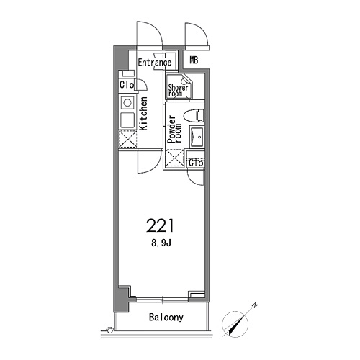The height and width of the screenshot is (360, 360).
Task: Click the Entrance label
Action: click(x=155, y=63)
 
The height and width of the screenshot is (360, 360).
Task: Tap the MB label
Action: click(x=194, y=60)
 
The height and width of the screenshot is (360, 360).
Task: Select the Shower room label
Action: click(x=178, y=91)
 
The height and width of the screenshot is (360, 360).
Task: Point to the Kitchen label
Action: click(x=143, y=114)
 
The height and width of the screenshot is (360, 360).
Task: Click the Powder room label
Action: click(x=174, y=130)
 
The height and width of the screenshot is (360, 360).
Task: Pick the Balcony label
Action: click(x=166, y=318)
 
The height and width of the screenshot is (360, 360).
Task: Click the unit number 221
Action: click(x=160, y=225)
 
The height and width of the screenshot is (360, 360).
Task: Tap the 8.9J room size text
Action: click(x=161, y=243)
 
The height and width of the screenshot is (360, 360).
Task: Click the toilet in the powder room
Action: click(x=194, y=115)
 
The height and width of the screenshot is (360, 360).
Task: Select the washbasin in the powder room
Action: click(x=197, y=136)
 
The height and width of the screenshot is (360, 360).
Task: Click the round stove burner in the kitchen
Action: click(x=127, y=103)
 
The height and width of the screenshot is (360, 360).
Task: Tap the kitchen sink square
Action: click(x=127, y=120)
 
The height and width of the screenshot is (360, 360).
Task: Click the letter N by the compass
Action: click(x=255, y=305)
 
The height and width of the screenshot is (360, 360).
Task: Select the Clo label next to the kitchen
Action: click(x=126, y=85)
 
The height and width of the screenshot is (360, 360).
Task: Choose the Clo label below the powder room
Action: click(x=196, y=163)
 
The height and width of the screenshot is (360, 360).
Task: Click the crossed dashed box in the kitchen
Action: click(x=127, y=139)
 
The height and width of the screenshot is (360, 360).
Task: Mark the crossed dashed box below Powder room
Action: click(x=175, y=158)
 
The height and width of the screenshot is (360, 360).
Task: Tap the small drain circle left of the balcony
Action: click(x=110, y=330)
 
